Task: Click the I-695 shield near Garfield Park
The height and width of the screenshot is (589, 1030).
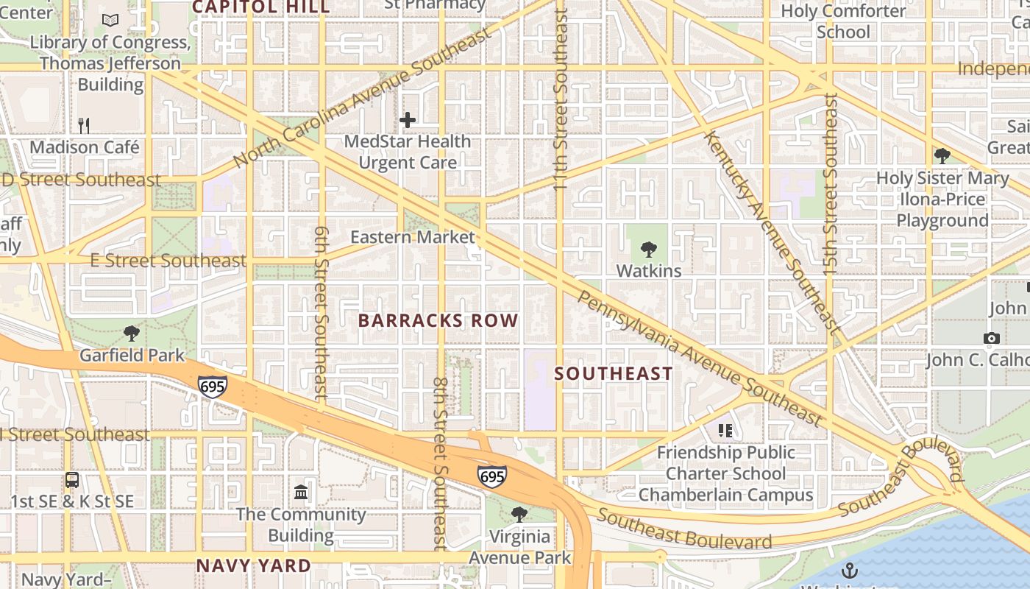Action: (x=212, y=386)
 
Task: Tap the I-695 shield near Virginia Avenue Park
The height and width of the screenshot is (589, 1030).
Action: (x=491, y=476)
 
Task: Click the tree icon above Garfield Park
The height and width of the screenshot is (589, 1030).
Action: (x=132, y=334)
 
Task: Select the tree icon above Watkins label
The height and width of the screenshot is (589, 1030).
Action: (x=648, y=249)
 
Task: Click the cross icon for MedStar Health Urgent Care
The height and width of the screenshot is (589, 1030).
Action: (x=408, y=119)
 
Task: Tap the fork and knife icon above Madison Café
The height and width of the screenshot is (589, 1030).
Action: (x=84, y=125)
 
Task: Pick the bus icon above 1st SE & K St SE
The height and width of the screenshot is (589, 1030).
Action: (x=72, y=480)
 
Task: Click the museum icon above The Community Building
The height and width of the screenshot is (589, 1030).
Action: (x=301, y=492)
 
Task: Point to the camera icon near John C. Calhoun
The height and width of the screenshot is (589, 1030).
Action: (x=991, y=339)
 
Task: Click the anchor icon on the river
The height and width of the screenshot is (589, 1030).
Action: (x=849, y=571)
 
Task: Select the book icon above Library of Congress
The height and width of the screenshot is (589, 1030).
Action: (x=110, y=21)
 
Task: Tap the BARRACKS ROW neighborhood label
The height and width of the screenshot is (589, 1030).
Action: (x=438, y=320)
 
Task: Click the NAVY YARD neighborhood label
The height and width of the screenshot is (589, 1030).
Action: (x=253, y=565)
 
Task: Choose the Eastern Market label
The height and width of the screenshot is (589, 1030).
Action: (x=412, y=237)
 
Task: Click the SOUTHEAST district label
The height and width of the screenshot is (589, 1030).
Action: (x=613, y=373)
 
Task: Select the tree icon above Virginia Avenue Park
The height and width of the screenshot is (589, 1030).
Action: (x=519, y=515)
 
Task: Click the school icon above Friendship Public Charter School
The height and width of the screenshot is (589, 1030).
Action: (x=725, y=430)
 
